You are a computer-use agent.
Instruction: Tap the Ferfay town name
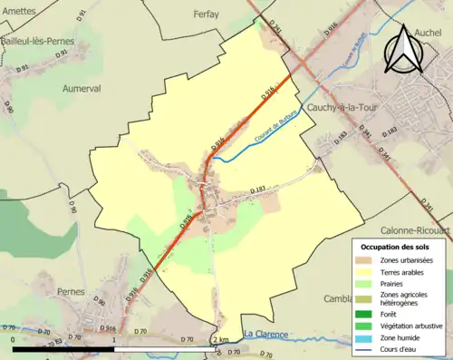(x=207, y=14)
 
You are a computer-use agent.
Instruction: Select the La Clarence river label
(x=264, y=335)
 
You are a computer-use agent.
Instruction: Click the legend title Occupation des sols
(x=395, y=248)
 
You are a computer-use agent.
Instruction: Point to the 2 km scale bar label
(x=219, y=339)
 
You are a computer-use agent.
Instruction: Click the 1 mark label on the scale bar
(x=115, y=339)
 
